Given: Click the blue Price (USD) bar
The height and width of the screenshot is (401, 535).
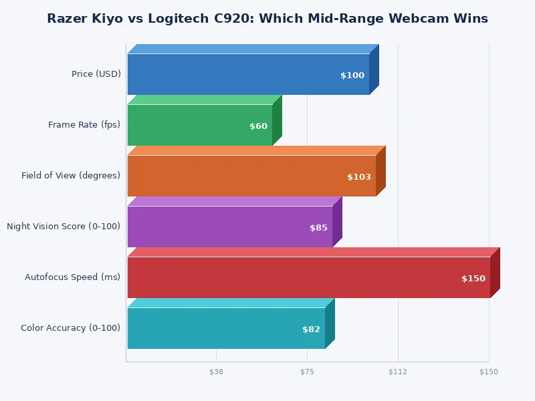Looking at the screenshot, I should click(x=247, y=74).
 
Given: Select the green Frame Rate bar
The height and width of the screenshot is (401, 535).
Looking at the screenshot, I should click(x=199, y=125).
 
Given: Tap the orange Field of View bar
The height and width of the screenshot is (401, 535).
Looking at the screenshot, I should click(x=251, y=176).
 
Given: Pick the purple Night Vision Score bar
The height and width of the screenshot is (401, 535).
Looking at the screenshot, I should click(x=229, y=227).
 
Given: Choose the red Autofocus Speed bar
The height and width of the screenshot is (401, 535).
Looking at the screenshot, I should click(x=308, y=277).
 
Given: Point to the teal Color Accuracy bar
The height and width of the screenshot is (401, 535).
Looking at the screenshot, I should click(x=225, y=328).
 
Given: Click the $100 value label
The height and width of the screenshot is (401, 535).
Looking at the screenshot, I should click(x=352, y=76).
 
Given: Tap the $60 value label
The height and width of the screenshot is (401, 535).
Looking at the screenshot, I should click(x=258, y=126).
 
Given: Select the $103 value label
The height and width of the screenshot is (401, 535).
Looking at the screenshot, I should click(x=359, y=177).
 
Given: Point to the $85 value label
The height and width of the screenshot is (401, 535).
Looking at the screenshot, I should click(x=318, y=228).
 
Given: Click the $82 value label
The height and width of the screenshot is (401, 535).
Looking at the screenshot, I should click(x=311, y=329).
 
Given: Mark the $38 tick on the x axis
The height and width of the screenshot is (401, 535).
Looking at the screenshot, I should click(x=216, y=372).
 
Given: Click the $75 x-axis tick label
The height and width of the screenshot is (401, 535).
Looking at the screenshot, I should click(x=307, y=372).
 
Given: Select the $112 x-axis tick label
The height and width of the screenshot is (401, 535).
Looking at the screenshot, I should click(x=398, y=372).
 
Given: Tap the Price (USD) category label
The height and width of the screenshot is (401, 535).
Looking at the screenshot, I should click(x=96, y=74).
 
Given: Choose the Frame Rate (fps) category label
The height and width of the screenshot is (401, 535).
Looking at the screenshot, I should click(x=84, y=125).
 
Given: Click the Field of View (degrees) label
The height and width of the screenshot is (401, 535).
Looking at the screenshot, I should click(x=71, y=176).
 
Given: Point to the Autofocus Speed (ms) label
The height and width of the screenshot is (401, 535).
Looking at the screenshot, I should click(x=72, y=277).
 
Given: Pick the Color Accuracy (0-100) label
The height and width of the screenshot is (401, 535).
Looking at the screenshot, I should click(x=70, y=328).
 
